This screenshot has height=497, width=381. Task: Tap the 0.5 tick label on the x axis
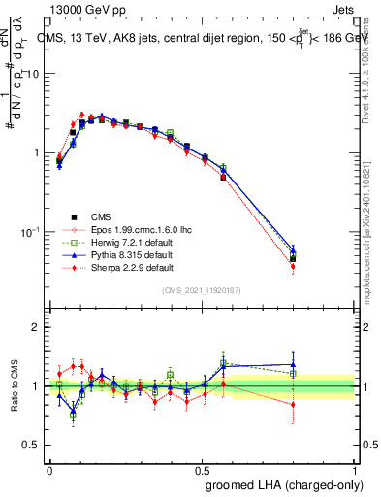pos(202,470)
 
